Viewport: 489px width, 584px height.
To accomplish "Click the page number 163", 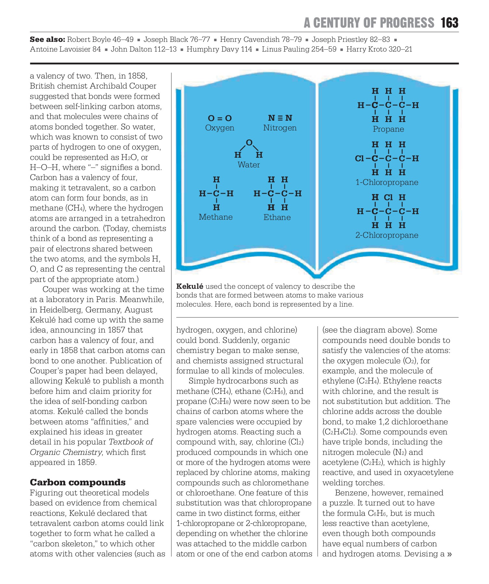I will tap(449, 23).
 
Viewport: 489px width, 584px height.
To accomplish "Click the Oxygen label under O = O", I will tap(219, 128).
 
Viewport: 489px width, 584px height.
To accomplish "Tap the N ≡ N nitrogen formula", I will tap(280, 118).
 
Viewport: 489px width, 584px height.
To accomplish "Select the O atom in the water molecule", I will tap(249, 142).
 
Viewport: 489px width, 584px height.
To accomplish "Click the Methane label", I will tap(216, 217).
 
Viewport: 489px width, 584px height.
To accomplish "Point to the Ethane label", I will tap(277, 217).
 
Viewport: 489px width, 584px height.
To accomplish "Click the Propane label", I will tap(388, 129).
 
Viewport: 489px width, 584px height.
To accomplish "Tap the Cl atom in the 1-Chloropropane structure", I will tap(359, 159).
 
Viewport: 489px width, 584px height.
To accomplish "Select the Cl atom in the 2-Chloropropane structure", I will tap(388, 197).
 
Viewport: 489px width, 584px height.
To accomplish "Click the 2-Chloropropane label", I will tap(387, 235).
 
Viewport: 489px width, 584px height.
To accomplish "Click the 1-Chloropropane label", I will tap(387, 182).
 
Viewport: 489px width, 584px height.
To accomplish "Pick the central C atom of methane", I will tap(217, 194).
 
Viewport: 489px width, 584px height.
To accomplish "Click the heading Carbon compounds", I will tap(78, 482).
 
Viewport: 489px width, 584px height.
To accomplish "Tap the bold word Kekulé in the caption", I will tap(190, 286).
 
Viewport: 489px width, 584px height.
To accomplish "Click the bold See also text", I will tap(47, 40).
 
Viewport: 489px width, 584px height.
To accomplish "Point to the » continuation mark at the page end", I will tap(449, 554).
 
